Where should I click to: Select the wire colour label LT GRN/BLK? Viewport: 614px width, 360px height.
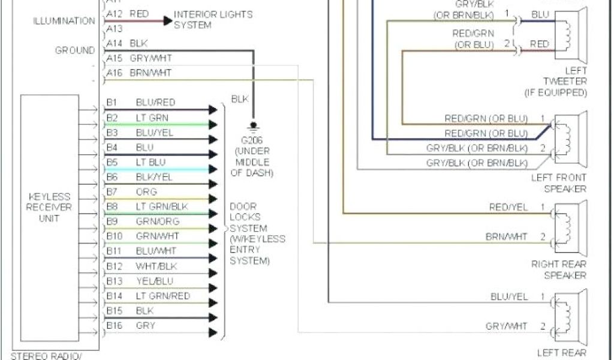click(x=162, y=207)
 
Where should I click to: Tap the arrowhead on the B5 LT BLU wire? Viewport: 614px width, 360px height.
click(x=213, y=170)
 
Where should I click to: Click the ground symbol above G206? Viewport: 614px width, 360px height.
click(x=253, y=127)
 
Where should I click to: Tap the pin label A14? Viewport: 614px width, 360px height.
click(x=114, y=44)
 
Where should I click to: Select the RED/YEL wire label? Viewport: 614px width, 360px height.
click(x=508, y=208)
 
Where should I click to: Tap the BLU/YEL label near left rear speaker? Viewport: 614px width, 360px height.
click(x=508, y=296)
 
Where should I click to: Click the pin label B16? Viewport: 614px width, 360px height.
click(x=114, y=326)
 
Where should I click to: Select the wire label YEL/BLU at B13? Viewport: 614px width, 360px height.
click(x=155, y=281)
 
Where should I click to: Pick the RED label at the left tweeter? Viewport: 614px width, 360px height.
click(x=539, y=44)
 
